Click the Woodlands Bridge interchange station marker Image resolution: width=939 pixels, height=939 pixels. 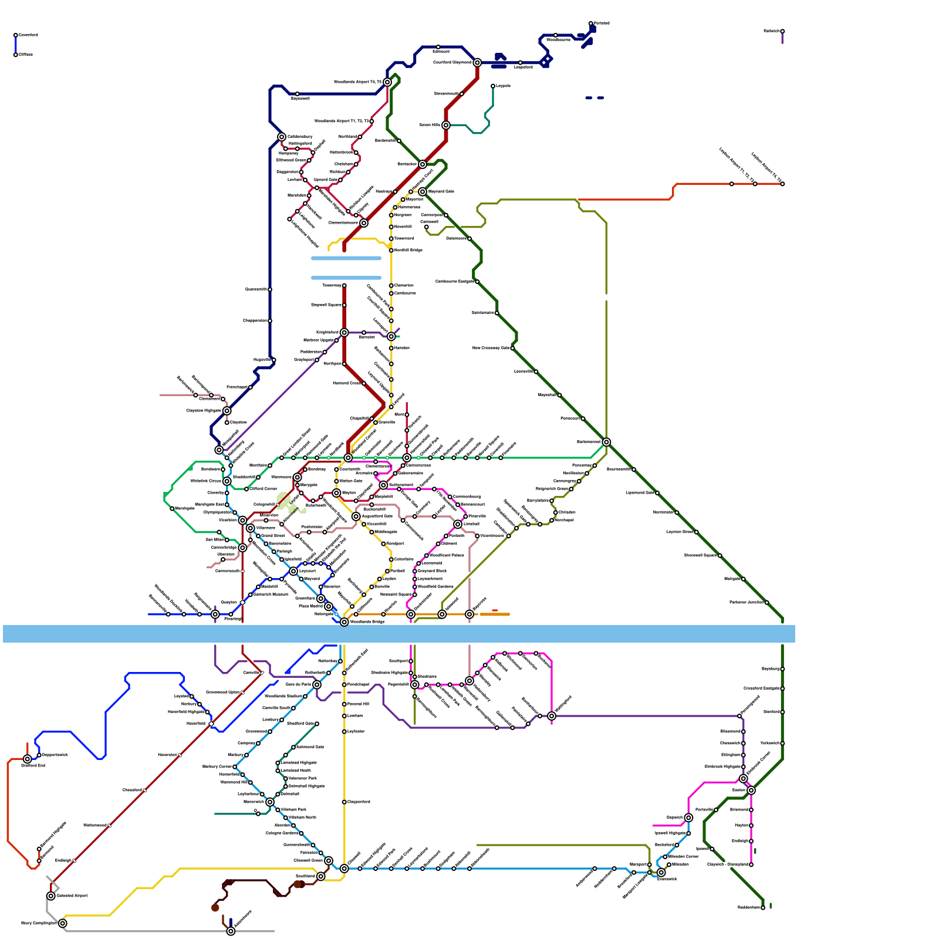coord(344,622)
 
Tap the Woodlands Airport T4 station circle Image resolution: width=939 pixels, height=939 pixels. coord(387,82)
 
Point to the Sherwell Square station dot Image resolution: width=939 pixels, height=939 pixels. coord(720,555)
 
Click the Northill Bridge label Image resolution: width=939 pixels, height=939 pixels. coord(408,250)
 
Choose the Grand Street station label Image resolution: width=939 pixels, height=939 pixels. coord(273,536)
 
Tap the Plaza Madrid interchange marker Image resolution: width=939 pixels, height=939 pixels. coord(329,606)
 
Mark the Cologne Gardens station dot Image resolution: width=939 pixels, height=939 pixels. coord(302,833)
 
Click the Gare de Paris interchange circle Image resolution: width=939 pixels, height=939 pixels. coord(317,685)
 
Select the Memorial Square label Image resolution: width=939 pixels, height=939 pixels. coord(397,595)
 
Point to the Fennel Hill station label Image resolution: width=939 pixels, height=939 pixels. coord(358,704)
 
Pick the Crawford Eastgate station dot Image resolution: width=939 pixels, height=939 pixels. coord(782,688)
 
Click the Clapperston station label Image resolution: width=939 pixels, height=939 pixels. coord(255,320)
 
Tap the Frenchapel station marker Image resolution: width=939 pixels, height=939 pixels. coord(251,387)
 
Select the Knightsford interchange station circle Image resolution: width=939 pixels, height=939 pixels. coord(344,333)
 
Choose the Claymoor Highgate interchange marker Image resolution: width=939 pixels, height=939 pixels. coord(227,411)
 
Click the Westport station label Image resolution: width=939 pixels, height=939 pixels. coord(395,543)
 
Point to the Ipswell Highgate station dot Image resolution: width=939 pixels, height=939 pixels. coord(688,833)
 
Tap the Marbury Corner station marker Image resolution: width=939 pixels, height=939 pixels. coord(235,766)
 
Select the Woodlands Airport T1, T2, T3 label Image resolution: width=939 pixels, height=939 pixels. coord(342,121)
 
